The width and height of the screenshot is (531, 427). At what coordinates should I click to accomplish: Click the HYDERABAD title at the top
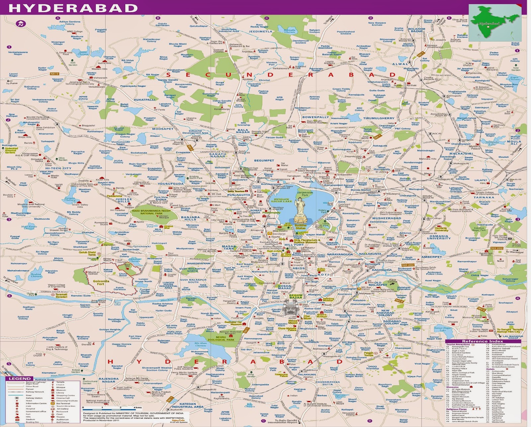pyautogui.click(x=73, y=8)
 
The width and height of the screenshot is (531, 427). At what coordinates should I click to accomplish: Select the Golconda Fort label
pyautogui.click(x=101, y=282)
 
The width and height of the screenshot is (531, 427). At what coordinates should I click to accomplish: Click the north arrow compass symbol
pyautogui.click(x=21, y=24)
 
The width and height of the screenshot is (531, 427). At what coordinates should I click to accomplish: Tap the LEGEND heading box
pyautogui.click(x=20, y=379)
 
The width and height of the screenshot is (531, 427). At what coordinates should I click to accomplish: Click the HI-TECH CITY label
pyautogui.click(x=58, y=168)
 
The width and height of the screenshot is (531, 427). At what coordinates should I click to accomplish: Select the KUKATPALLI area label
pyautogui.click(x=144, y=100)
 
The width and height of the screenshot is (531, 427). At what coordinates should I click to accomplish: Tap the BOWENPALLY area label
pyautogui.click(x=316, y=117)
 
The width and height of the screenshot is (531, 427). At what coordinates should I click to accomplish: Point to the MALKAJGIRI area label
pyautogui.click(x=461, y=154)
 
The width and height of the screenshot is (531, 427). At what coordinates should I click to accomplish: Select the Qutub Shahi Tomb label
pyautogui.click(x=87, y=253)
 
